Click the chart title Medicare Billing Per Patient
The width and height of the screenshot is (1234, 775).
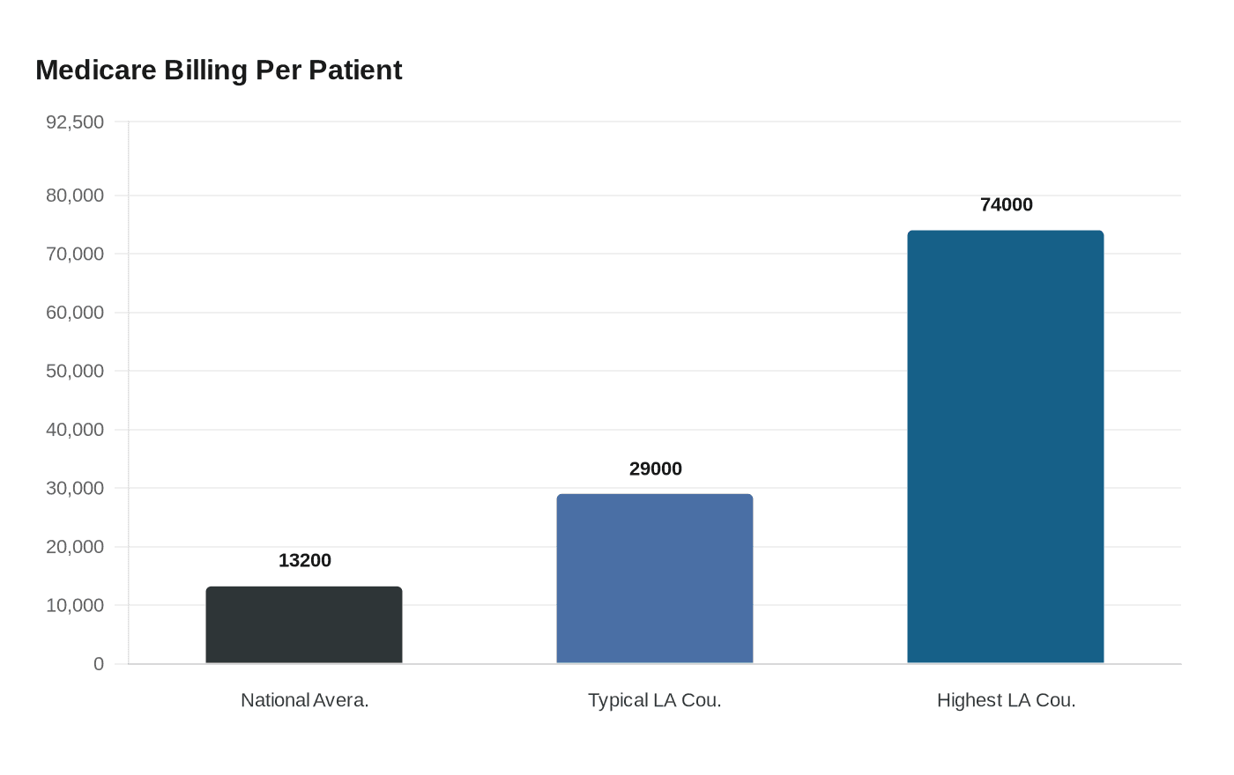coord(219,70)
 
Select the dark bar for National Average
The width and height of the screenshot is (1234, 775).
coord(304,625)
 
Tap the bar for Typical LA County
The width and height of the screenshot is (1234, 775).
coord(655,579)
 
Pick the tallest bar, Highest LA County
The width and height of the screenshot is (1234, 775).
coord(1006,447)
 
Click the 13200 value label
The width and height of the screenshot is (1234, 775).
coord(305,561)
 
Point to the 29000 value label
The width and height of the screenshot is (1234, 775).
coord(656,469)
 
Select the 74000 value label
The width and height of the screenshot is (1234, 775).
coord(1007,205)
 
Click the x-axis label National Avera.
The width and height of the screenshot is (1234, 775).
coord(305,701)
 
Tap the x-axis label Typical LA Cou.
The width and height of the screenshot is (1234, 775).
coord(655,701)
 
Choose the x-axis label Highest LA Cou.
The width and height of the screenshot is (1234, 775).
coord(1007,701)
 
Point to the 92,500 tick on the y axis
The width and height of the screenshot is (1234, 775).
coord(75,122)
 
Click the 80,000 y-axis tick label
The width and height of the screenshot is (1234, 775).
coord(75,196)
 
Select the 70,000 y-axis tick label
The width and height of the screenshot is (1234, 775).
coord(75,255)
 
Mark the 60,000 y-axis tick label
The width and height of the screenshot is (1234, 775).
coord(75,313)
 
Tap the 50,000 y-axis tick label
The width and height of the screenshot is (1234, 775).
coord(75,372)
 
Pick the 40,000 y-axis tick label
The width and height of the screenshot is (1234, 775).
coord(75,430)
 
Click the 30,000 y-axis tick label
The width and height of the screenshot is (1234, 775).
coord(75,489)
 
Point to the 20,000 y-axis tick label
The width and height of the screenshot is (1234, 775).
coord(75,547)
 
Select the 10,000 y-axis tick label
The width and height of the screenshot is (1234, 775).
coord(75,606)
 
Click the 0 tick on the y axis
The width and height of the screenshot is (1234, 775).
coord(99,664)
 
